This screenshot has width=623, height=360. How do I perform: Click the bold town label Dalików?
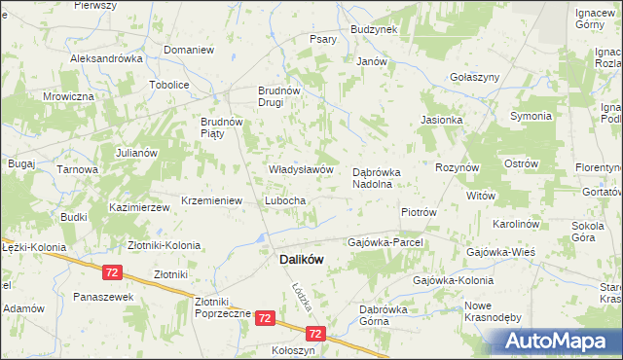click(301, 260)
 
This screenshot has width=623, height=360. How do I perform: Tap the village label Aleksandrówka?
click(107, 58)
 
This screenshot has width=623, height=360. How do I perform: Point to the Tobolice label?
click(168, 85)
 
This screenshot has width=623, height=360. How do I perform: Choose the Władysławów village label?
click(302, 169)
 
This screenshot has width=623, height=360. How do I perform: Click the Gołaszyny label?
click(474, 77)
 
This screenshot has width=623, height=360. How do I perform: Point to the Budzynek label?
click(374, 30)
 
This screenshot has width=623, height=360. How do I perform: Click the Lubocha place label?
click(286, 200)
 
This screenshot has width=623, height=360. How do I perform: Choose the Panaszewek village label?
click(102, 297)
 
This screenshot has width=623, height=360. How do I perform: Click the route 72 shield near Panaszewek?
click(114, 271)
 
